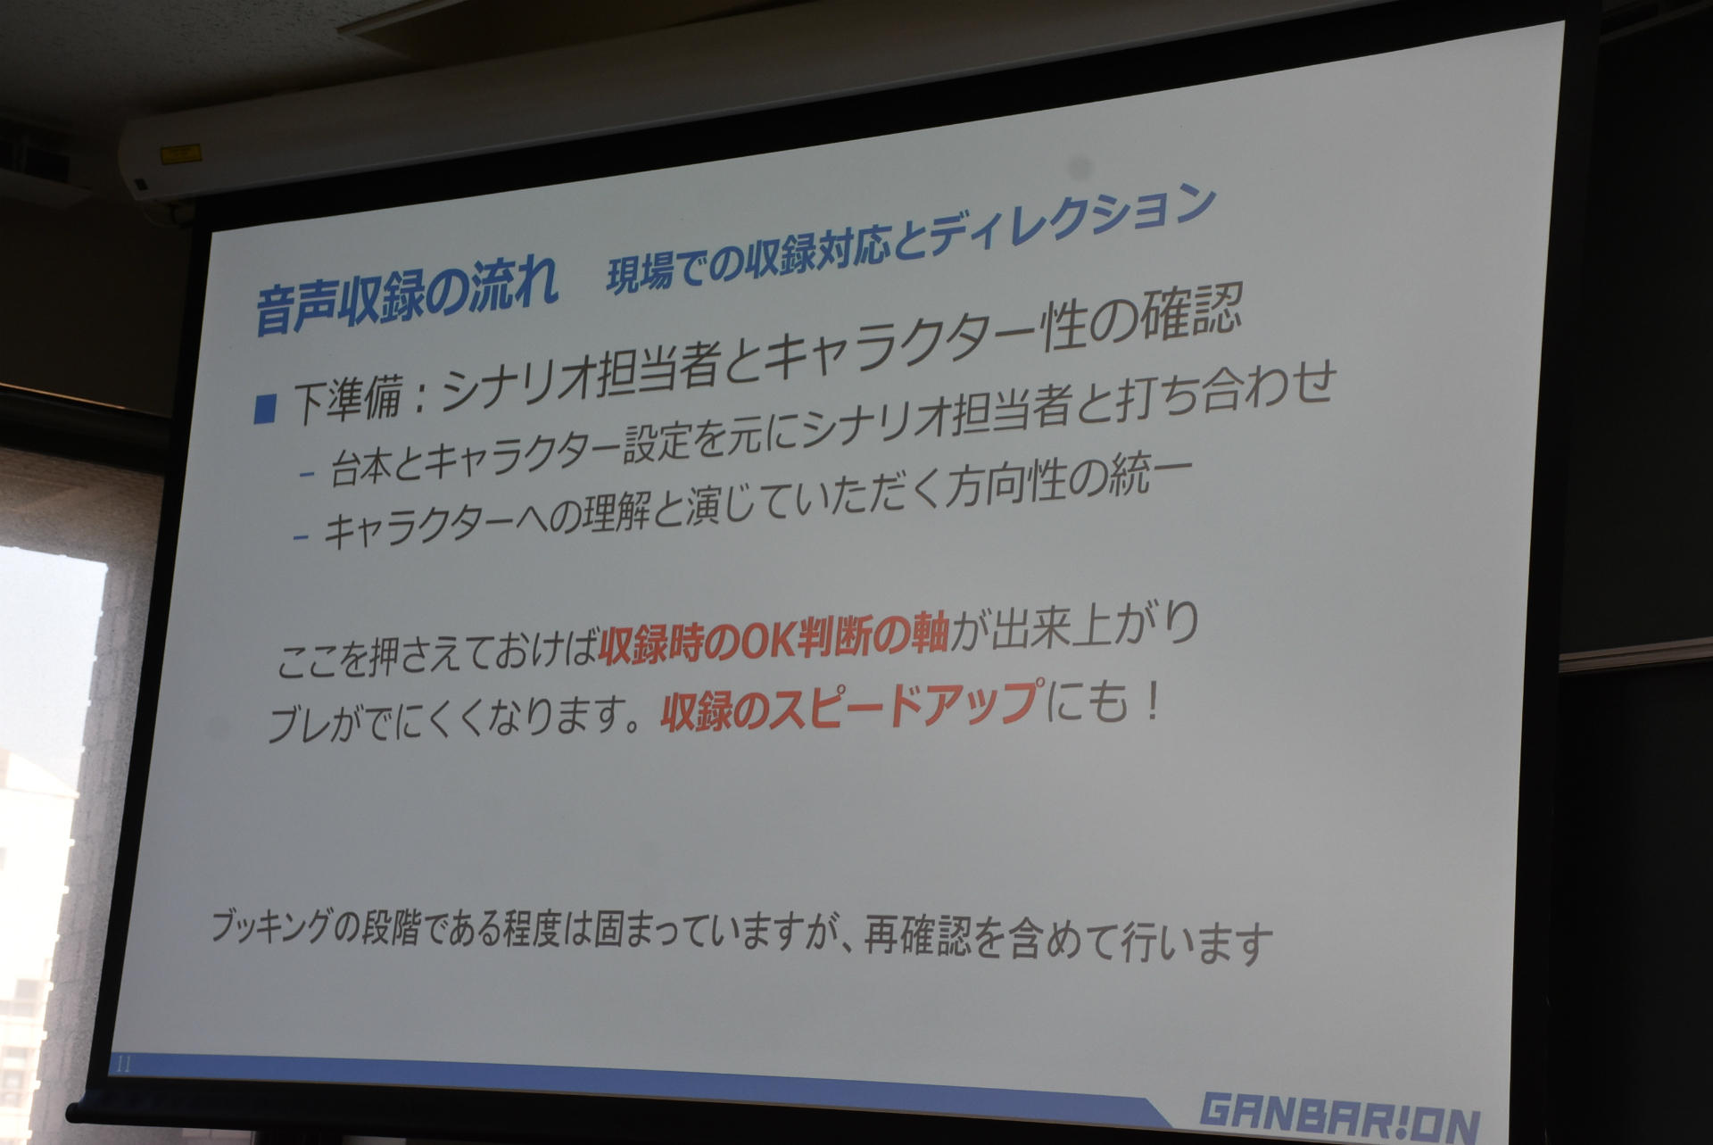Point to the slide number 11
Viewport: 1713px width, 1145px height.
tap(124, 1065)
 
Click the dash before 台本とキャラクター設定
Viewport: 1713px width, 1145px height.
tap(308, 477)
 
